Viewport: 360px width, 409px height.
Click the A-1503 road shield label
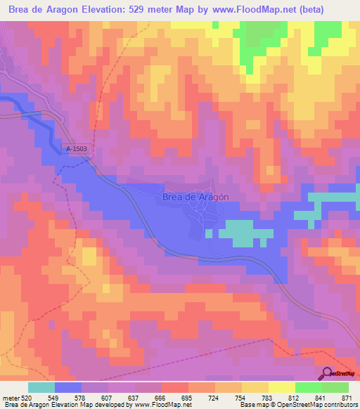click(x=76, y=149)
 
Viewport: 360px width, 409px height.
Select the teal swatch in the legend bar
click(x=41, y=387)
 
